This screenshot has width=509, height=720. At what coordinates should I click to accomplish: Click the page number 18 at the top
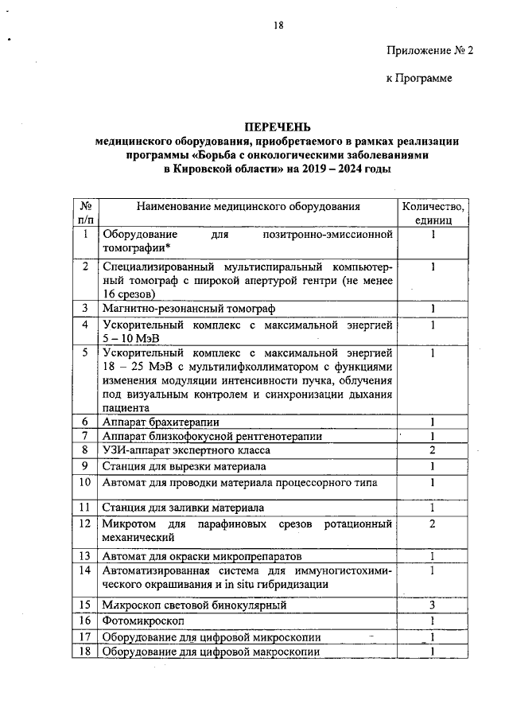278,25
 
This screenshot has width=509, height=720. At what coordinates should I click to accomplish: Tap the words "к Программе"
418,78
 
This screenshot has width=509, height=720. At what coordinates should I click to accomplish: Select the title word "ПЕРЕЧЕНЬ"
278,127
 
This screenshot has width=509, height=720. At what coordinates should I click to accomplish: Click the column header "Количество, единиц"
433,212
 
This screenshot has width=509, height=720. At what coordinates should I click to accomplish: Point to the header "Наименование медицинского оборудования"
248,206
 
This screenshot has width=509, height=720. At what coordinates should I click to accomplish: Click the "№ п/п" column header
85,212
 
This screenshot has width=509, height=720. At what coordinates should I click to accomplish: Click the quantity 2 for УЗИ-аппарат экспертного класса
433,450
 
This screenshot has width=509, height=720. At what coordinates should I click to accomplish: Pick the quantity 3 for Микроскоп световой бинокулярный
433,605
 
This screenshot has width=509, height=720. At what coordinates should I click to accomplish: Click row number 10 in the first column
85,481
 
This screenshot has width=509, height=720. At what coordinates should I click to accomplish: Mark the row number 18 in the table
85,652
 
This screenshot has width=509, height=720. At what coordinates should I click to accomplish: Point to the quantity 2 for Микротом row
433,523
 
